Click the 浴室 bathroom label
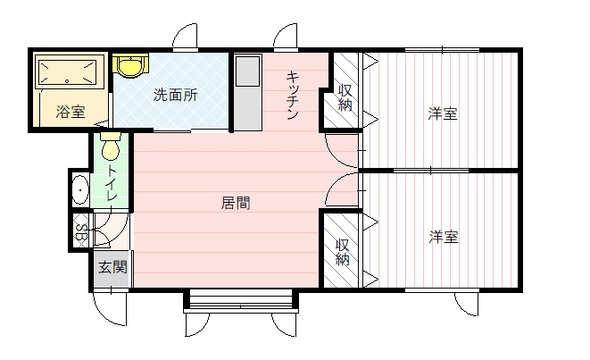71,112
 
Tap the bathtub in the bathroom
68,71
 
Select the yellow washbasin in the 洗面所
130,66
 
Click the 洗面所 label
175,95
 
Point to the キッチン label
293,96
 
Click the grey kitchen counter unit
247,92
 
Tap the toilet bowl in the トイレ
111,147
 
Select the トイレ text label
112,182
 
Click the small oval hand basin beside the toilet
79,189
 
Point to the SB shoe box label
80,232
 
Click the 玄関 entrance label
112,267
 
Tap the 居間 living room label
235,204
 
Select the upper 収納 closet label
345,97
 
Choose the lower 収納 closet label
343,252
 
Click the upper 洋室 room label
443,113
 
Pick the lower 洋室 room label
444,238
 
